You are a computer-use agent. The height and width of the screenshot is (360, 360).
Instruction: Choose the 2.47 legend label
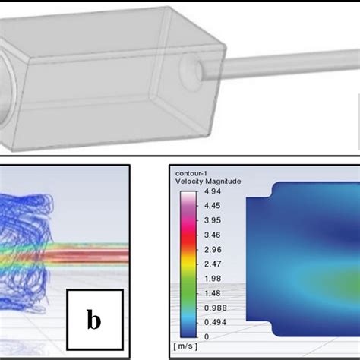pyautogui.click(x=212, y=264)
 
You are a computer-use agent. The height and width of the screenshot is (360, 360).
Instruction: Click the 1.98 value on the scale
pyautogui.click(x=212, y=279)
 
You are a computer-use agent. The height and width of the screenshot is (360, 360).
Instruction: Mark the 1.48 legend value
pyautogui.click(x=212, y=293)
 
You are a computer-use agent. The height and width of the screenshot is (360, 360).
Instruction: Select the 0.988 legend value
pyautogui.click(x=214, y=307)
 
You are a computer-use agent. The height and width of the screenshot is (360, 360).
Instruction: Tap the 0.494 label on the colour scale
pyautogui.click(x=214, y=321)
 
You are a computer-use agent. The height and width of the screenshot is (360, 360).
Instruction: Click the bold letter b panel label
pyautogui.click(x=93, y=320)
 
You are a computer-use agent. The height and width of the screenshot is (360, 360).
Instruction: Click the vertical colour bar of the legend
pyautogui.click(x=185, y=264)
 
